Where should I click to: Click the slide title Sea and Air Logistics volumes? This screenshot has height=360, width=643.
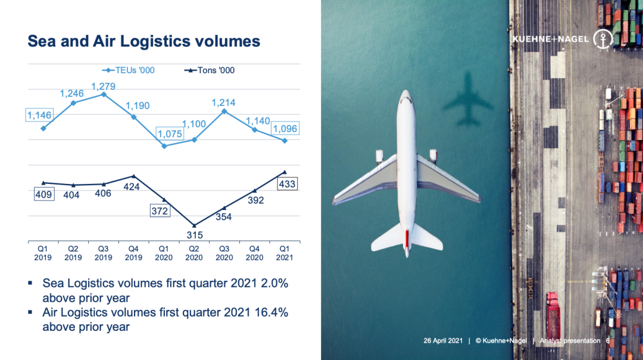coord(144,41)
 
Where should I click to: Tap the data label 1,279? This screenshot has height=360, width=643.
coord(103,86)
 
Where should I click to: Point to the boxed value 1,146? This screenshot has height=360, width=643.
coord(39,115)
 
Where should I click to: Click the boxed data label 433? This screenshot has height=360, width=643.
coord(287,184)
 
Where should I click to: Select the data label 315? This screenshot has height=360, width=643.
coord(194,235)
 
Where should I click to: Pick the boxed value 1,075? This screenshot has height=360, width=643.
coord(168,134)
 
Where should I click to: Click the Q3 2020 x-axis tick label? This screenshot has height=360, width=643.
coord(224,253)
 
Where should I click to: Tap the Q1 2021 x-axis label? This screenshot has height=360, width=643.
coord(285,253)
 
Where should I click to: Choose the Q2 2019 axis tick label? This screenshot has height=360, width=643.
coord(73,253)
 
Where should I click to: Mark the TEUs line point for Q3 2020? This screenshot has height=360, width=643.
coord(224,111)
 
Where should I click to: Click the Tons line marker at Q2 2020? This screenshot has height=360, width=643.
coord(194,225)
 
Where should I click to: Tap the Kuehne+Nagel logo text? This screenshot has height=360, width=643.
coord(551,39)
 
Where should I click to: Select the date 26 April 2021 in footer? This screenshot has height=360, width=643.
coord(444,341)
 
